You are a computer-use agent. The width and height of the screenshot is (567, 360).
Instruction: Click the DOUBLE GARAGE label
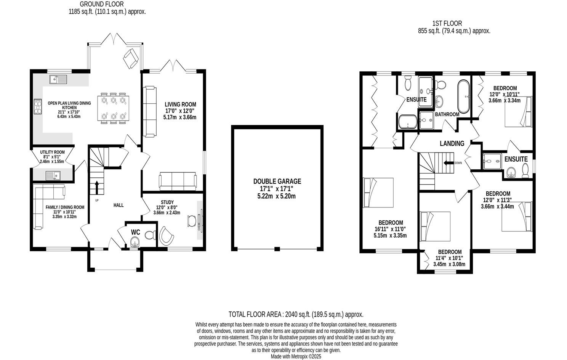tap(277, 182)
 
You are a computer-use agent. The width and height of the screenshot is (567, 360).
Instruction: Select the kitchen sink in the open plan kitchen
tap(58, 79)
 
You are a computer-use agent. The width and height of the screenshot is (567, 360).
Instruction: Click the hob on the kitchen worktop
tap(38, 106)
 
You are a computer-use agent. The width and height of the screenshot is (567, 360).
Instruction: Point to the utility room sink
tap(53, 175)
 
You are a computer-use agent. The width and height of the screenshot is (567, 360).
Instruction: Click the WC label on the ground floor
tap(136, 232)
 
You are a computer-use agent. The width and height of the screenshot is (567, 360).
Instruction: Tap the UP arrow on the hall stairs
tap(96, 187)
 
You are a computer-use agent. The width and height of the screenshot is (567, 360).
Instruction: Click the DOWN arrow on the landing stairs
tap(448, 163)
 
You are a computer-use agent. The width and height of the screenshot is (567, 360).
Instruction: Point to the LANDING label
tap(452, 143)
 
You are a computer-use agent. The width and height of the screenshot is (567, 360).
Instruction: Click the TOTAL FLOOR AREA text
tap(296, 314)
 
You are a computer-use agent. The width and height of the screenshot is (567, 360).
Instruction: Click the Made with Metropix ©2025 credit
tap(296, 356)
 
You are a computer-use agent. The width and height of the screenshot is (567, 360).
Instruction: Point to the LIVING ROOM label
tap(180, 104)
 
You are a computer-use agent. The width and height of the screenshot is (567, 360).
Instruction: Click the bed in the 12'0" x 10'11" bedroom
tap(517, 112)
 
